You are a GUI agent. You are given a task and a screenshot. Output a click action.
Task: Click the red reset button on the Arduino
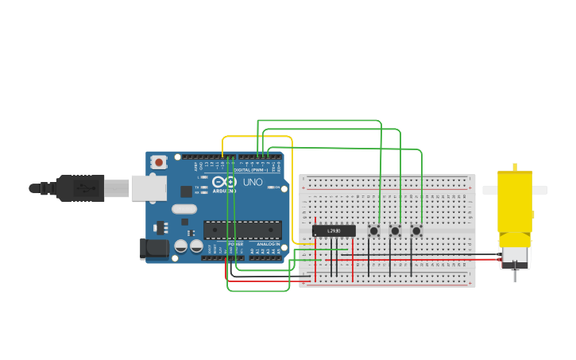coord(159,162)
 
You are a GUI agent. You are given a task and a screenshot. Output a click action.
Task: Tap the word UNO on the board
coord(253,182)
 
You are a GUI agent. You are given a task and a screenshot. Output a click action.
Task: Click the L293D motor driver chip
coord(334,230)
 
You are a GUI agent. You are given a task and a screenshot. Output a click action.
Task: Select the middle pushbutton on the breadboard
coord(395,230)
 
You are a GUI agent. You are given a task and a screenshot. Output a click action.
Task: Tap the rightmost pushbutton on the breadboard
coord(416,230)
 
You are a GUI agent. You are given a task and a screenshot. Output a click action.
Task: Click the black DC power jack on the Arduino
coord(154,249)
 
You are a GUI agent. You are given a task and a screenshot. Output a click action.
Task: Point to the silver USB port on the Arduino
coord(149,188)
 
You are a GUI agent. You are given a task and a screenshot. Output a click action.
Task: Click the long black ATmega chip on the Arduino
coord(242,230)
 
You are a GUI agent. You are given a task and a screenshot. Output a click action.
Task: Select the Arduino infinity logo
coord(225,182)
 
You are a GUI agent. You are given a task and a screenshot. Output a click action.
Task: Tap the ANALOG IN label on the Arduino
coord(268,244)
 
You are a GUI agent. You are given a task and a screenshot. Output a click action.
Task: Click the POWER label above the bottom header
coord(236,244)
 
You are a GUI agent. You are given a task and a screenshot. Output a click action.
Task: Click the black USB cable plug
coord(80,188)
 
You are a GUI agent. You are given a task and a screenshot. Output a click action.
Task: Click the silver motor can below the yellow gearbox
coord(514,257)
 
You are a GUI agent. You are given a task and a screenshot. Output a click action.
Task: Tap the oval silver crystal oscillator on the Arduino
coord(184,210)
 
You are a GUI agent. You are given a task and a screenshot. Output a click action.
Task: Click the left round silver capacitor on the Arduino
coord(181,246)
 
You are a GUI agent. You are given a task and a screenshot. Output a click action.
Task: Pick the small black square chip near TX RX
coord(186,192)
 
